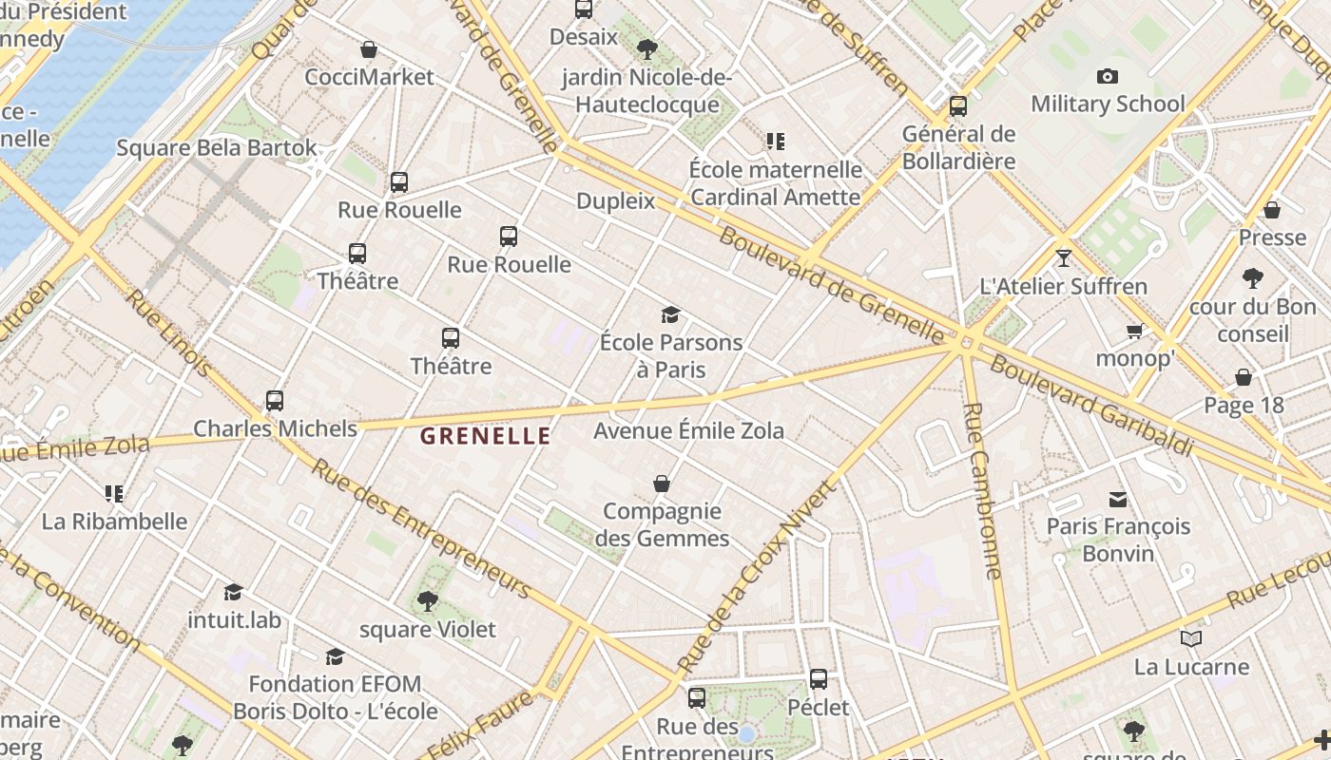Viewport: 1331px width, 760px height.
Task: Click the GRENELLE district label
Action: (x=485, y=436)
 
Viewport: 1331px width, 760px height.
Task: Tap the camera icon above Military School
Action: (x=1108, y=77)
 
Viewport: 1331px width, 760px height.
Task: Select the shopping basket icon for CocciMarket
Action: (x=369, y=49)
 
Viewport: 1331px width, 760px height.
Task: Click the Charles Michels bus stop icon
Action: (x=275, y=401)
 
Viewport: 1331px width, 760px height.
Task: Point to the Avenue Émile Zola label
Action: (x=688, y=431)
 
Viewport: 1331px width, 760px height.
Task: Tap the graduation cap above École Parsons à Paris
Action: (x=671, y=314)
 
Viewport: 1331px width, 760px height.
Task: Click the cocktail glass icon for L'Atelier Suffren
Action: (x=1063, y=258)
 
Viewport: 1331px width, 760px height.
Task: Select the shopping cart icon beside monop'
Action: (x=1134, y=332)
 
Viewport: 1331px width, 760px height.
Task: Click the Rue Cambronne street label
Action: (x=982, y=490)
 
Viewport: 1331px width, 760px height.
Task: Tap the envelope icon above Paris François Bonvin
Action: (x=1118, y=499)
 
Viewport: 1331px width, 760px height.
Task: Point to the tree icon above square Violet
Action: (x=427, y=601)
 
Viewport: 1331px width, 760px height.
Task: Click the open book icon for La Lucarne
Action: (x=1190, y=639)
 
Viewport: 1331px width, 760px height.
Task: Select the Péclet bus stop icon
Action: (x=819, y=679)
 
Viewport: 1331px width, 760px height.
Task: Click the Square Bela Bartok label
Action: (x=217, y=148)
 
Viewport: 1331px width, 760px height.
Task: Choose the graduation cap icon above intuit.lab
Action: (x=233, y=593)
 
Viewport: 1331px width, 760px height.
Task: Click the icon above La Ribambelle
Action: (x=114, y=494)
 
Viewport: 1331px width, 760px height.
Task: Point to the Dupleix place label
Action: (x=616, y=201)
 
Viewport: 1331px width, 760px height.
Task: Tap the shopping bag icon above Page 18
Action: (x=1243, y=378)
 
